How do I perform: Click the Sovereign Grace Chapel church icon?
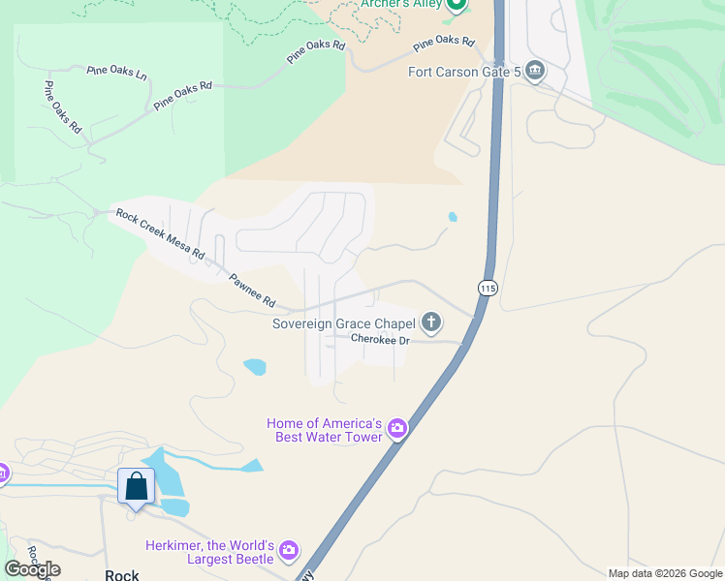(x=431, y=322)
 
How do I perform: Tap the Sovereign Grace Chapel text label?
(x=344, y=323)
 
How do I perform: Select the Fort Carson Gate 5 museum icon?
(x=534, y=72)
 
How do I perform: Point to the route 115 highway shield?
(x=487, y=289)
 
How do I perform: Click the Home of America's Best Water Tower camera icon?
(x=396, y=428)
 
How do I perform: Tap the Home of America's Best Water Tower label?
(x=325, y=431)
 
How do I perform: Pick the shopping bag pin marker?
(x=136, y=486)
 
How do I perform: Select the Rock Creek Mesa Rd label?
(x=160, y=233)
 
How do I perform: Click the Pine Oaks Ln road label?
(x=116, y=73)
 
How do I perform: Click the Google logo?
(x=32, y=569)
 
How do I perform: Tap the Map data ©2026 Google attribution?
(x=665, y=573)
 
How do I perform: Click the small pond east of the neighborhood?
(x=453, y=217)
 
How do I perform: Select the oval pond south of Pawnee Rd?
(x=255, y=367)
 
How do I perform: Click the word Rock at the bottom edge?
(x=122, y=574)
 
